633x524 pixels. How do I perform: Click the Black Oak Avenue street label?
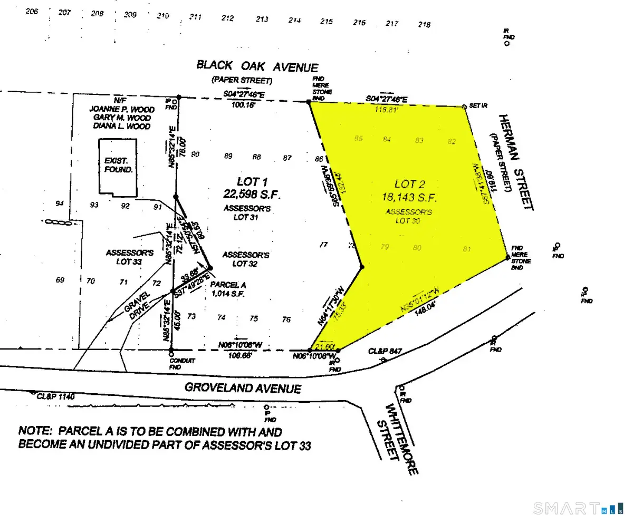(257, 66)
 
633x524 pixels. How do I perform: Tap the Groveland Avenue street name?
(243, 388)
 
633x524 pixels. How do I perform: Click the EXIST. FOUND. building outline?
(117, 164)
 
